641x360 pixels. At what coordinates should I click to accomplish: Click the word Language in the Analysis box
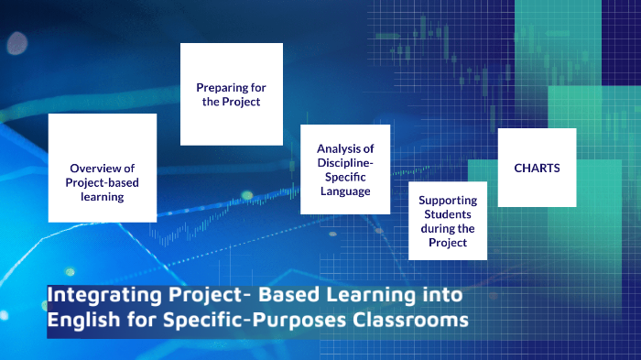click(x=345, y=191)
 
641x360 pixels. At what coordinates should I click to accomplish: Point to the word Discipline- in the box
click(x=345, y=162)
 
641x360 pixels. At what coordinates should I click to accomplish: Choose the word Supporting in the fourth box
click(x=448, y=200)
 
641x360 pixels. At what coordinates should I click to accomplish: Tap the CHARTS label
click(x=537, y=168)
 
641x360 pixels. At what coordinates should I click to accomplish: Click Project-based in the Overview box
click(x=102, y=182)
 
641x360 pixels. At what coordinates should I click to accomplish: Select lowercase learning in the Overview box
click(x=102, y=197)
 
